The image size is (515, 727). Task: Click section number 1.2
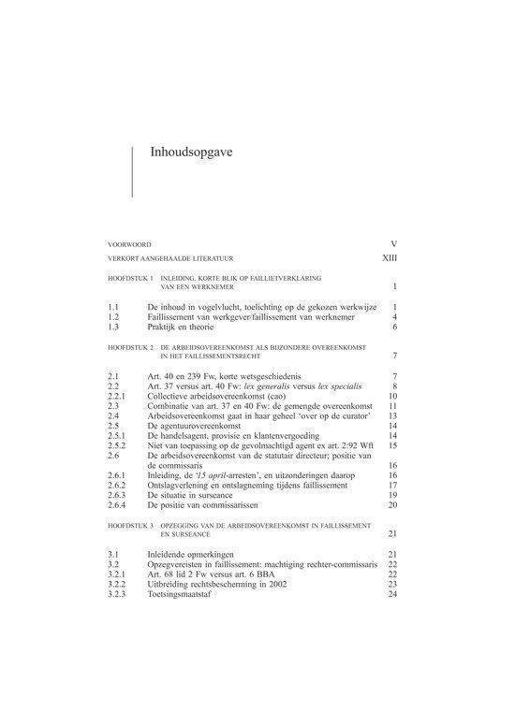point(112,317)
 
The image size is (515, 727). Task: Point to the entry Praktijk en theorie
point(181,327)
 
